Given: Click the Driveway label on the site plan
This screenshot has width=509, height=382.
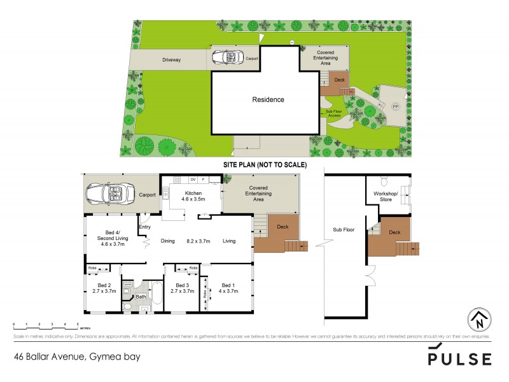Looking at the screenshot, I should (x=171, y=60).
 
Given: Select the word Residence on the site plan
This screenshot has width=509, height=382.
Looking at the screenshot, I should (x=268, y=100).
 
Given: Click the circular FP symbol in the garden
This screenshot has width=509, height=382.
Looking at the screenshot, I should (x=394, y=106).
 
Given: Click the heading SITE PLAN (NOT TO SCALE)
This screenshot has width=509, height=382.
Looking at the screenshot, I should (x=265, y=164).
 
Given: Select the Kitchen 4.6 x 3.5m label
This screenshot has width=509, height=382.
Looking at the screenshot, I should (x=193, y=196).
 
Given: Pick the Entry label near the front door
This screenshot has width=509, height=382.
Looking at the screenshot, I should (x=144, y=227).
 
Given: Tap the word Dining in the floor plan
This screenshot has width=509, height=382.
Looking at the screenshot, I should (x=167, y=241).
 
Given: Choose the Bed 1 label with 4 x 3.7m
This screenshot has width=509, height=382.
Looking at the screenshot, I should (x=229, y=288).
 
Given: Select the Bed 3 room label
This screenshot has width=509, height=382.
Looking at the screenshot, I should (x=183, y=288).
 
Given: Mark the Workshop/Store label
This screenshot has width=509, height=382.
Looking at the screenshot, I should (x=386, y=196).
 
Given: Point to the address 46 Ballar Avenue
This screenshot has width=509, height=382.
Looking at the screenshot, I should (x=76, y=357).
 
